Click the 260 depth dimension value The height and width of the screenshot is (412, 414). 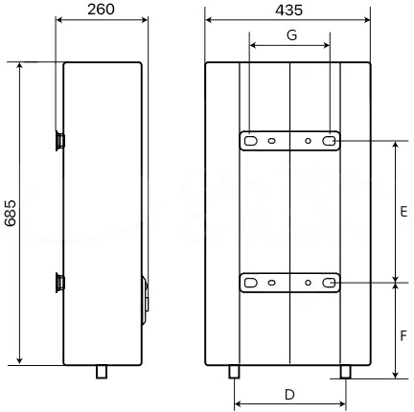[101, 10]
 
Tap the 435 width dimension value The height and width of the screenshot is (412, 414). [288, 11]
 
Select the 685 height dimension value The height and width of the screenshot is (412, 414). [11, 213]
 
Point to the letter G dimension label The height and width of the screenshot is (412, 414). [291, 34]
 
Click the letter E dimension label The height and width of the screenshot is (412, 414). [403, 212]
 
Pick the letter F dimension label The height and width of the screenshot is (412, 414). [403, 335]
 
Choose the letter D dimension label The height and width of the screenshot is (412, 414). [289, 395]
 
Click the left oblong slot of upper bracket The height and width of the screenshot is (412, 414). [251, 141]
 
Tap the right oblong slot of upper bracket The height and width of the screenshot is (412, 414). [329, 141]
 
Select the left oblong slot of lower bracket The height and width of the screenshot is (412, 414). [251, 283]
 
